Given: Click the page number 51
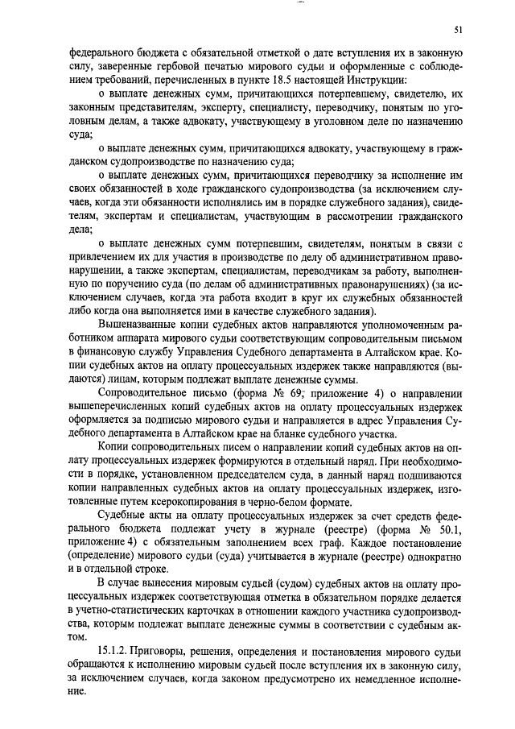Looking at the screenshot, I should [x=459, y=31].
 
